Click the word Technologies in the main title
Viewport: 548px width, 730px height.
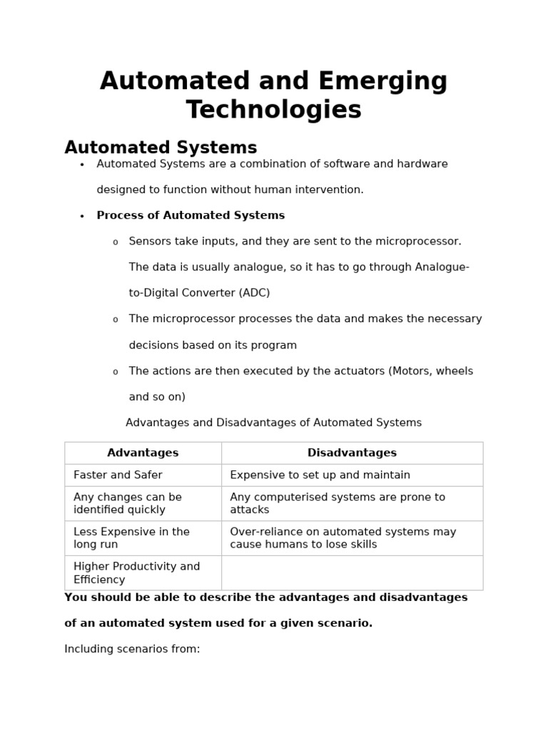(x=273, y=110)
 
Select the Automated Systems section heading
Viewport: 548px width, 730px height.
(x=161, y=148)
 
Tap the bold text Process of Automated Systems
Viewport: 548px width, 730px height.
(x=191, y=215)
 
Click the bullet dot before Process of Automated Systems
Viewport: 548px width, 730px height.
(x=82, y=216)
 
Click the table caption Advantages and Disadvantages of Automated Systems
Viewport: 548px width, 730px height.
(x=273, y=423)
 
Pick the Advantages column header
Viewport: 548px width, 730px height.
(x=143, y=453)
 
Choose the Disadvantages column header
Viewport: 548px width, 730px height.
(x=352, y=453)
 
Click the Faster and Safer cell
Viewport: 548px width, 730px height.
(x=118, y=475)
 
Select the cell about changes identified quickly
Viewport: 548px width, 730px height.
(x=128, y=503)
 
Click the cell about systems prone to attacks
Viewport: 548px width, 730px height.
(x=337, y=503)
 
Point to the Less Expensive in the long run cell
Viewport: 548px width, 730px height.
(x=131, y=538)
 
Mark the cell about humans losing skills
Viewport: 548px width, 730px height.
(x=342, y=538)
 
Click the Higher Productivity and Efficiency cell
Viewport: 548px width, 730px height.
(x=136, y=573)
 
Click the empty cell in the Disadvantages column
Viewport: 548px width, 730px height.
(x=352, y=573)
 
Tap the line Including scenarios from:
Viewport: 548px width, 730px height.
(x=132, y=649)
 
